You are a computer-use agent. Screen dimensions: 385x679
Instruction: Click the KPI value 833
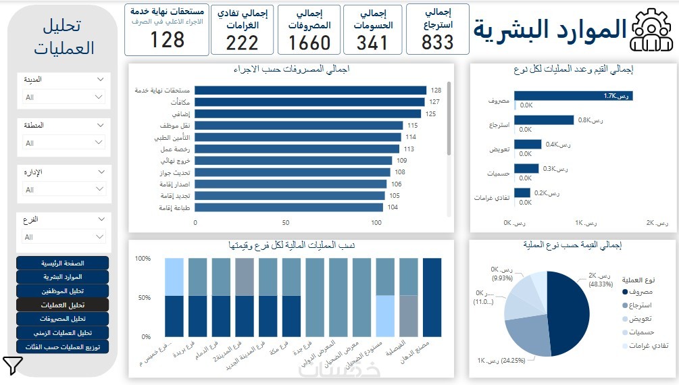coord(437,43)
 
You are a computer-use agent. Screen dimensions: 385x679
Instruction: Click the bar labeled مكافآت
coord(309,102)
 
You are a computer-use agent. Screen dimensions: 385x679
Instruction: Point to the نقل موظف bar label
coord(175,126)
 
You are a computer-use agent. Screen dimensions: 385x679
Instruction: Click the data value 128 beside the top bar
coord(436,90)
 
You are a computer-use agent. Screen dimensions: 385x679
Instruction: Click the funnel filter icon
coord(13,365)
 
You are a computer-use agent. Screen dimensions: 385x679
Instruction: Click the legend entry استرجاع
coord(638,305)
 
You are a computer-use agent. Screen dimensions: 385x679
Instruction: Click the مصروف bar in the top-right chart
coord(573,96)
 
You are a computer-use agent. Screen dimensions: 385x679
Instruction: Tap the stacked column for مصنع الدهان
coord(432,297)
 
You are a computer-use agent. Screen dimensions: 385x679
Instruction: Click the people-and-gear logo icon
coord(651,30)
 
